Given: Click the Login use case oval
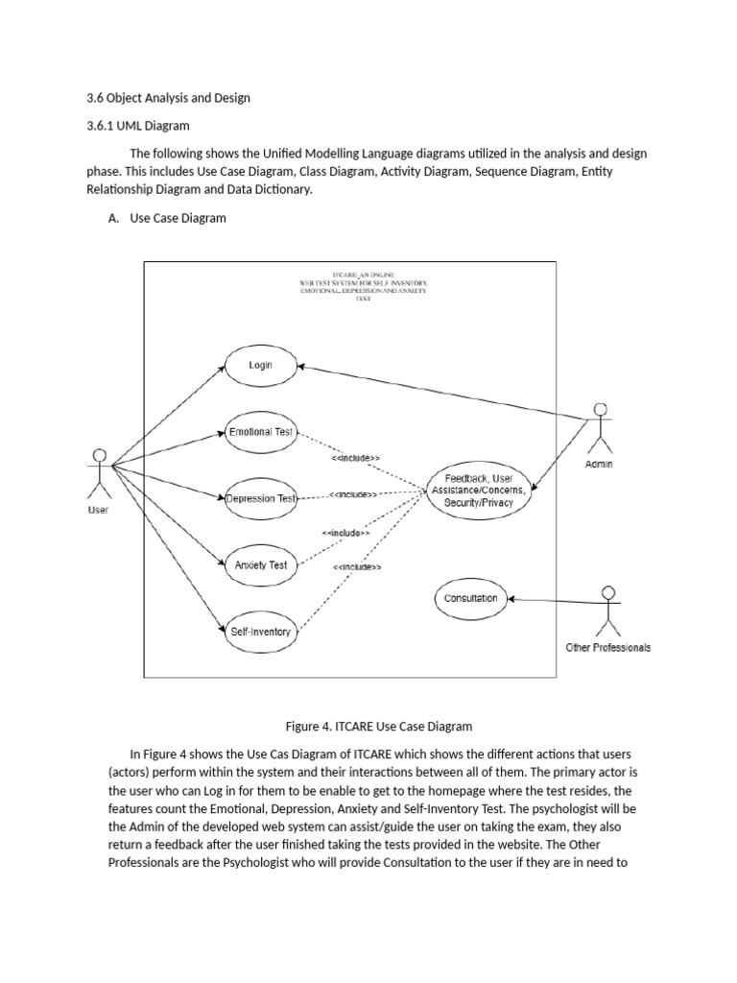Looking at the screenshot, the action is tap(261, 366).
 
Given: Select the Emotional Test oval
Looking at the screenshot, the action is tap(261, 432).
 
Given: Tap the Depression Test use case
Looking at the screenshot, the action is tap(261, 498).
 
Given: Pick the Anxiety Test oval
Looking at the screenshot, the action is tap(261, 564).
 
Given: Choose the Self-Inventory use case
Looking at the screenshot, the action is tap(261, 632).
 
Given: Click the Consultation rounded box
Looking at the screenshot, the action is tap(470, 599).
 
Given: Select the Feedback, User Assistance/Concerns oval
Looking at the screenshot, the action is tap(479, 491).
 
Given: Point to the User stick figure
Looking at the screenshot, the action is tap(99, 473).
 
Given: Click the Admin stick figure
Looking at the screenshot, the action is tap(601, 428).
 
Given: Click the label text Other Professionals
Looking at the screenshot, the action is tap(607, 648).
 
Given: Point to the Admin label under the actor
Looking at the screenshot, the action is tap(599, 465).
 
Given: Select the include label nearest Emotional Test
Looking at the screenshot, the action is tap(355, 458).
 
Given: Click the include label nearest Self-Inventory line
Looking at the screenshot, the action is tap(357, 567).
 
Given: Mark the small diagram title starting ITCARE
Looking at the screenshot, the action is tap(364, 286).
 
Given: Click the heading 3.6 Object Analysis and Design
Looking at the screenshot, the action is tap(169, 98).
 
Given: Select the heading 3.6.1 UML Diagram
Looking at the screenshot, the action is tap(138, 126).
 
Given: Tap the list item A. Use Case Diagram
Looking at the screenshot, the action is tap(167, 218).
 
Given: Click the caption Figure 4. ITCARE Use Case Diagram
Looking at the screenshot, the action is tap(379, 727).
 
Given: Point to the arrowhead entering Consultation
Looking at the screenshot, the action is tap(511, 599).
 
